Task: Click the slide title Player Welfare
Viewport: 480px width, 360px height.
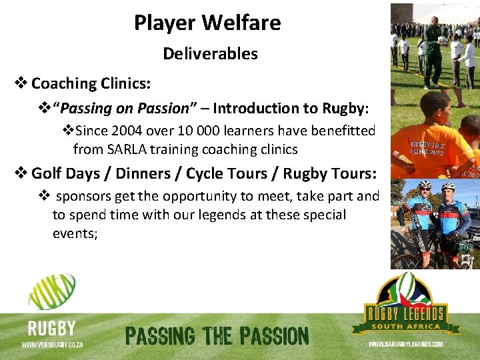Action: tap(207, 23)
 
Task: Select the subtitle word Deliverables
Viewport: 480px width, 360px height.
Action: tap(210, 53)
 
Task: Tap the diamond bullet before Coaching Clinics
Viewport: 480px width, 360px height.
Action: tap(21, 84)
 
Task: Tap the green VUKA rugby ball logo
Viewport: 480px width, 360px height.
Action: tap(52, 291)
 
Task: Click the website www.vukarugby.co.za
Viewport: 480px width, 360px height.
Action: tap(52, 345)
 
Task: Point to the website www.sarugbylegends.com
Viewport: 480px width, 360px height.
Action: tap(405, 345)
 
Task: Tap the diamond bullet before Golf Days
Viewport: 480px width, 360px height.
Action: tap(21, 174)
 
